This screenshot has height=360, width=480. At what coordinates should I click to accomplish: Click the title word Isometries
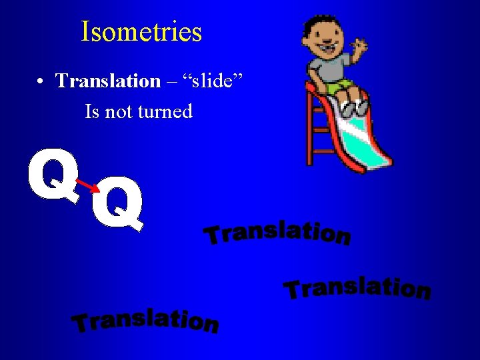pyautogui.click(x=141, y=31)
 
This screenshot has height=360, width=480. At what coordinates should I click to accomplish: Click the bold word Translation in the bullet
pyautogui.click(x=108, y=81)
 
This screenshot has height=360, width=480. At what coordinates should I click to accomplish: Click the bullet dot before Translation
pyautogui.click(x=41, y=81)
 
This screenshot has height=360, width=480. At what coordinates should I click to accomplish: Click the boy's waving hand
pyautogui.click(x=361, y=49)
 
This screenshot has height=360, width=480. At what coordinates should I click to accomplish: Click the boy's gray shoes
pyautogui.click(x=353, y=107)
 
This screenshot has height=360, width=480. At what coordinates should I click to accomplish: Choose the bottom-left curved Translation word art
pyautogui.click(x=145, y=320)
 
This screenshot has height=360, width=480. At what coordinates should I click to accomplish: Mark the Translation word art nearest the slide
pyautogui.click(x=277, y=231)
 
